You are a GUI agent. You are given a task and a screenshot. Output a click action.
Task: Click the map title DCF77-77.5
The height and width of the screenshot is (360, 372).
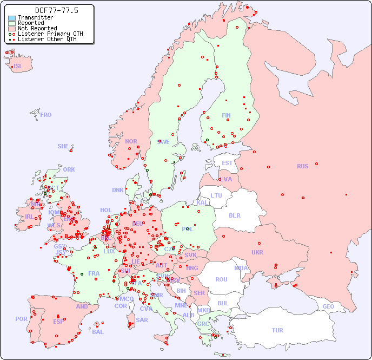(x=56, y=10)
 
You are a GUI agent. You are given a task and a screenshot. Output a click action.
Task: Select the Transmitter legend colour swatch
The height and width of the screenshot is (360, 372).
(x=12, y=18)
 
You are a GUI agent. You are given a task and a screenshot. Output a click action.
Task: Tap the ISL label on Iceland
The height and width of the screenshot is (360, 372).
(x=18, y=67)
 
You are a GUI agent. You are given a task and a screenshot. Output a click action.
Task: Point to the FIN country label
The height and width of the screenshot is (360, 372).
(x=226, y=115)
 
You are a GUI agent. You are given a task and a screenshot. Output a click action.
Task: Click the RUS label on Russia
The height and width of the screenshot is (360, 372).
(x=302, y=166)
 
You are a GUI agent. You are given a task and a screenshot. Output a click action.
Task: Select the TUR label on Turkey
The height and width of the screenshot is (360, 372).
(x=277, y=330)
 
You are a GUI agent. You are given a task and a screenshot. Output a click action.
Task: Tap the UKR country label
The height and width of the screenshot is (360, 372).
(x=257, y=252)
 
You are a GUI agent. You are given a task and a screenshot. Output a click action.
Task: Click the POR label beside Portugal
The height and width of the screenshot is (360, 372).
(x=21, y=319)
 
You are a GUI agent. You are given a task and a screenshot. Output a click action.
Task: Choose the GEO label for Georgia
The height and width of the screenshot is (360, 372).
(x=328, y=306)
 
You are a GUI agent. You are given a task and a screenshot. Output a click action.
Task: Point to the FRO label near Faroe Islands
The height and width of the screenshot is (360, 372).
(x=46, y=115)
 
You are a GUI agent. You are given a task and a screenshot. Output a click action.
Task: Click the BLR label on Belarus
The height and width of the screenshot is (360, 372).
(x=234, y=215)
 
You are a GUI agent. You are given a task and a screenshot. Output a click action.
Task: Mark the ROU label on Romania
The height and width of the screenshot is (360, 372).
(x=221, y=279)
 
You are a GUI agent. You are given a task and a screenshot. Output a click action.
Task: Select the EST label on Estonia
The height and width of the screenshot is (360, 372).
(x=227, y=163)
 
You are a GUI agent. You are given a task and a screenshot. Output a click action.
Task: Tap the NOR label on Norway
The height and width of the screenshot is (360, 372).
(x=131, y=141)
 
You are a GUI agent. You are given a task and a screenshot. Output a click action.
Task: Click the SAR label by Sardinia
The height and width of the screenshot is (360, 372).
(x=142, y=320)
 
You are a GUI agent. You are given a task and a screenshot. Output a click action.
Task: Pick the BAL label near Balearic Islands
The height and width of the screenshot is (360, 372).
(x=98, y=332)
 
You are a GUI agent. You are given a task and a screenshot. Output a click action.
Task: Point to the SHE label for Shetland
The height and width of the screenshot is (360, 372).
(x=63, y=146)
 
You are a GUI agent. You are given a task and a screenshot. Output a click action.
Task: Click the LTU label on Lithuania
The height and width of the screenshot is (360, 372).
(x=216, y=195)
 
